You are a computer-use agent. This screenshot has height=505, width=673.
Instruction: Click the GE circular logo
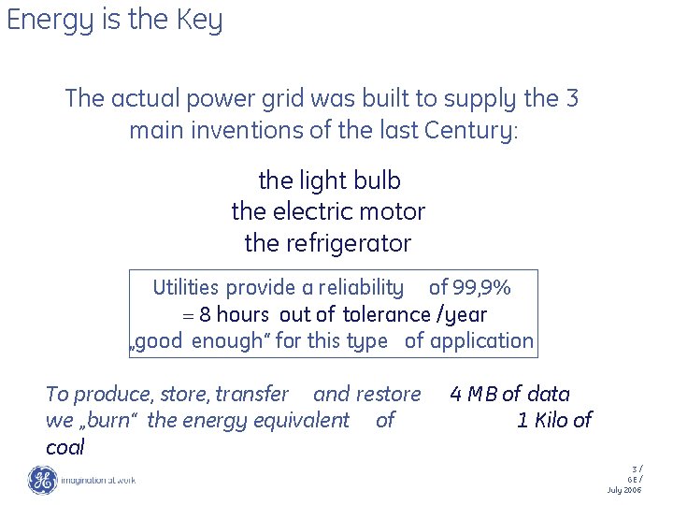click(42, 480)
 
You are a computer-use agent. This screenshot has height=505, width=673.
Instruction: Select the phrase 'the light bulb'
click(329, 180)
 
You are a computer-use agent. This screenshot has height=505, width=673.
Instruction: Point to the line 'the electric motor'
click(328, 211)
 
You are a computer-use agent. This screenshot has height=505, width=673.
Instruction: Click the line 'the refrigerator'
click(328, 243)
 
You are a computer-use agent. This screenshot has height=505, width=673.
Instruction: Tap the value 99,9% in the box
click(482, 287)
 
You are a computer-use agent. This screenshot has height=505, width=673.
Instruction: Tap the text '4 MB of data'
click(509, 394)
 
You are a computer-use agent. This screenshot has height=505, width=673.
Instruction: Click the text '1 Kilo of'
click(553, 420)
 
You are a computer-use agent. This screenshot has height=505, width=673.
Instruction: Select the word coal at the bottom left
click(64, 447)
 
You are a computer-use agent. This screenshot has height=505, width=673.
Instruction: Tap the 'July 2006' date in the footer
click(623, 490)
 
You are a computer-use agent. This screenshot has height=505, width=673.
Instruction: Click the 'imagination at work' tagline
click(98, 480)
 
